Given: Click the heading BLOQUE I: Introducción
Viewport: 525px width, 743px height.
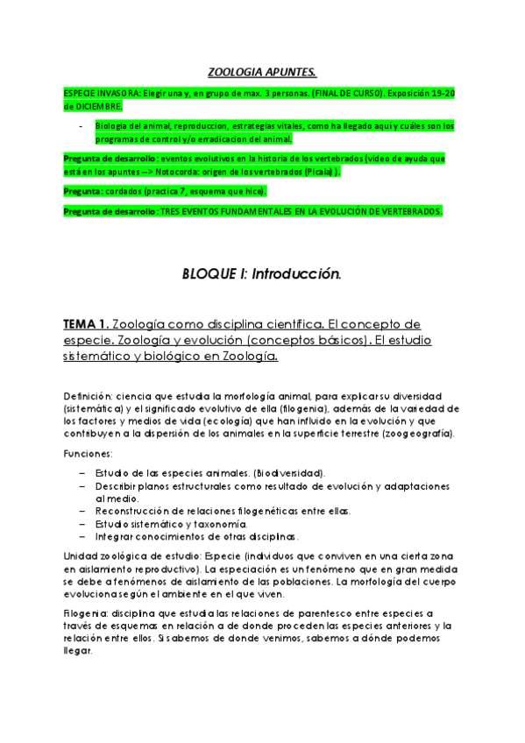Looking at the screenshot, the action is point(261,274).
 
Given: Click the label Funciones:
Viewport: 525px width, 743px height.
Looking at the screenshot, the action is point(89,454).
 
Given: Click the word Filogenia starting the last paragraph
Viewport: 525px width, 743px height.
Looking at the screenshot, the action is point(88,612).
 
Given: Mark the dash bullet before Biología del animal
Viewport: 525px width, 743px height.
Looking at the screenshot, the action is point(81,126).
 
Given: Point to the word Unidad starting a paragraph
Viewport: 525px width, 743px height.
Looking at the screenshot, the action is point(82,556).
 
